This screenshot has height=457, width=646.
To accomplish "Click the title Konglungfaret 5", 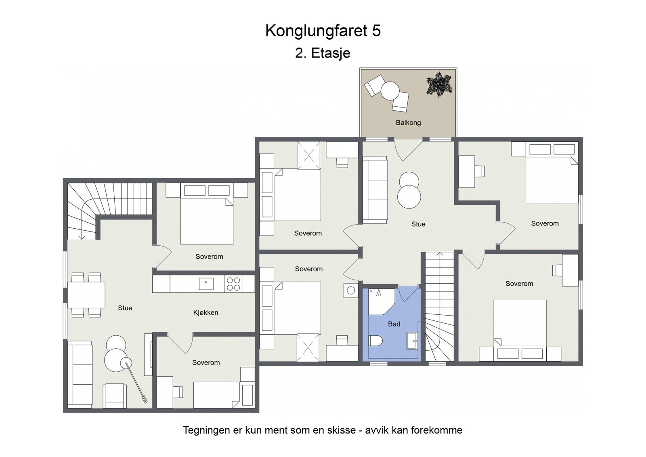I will click(323, 31).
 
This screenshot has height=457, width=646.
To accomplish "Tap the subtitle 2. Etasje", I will click(323, 53).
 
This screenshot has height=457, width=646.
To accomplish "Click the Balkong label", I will click(408, 122).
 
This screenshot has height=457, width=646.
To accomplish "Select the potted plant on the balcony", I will click(439, 84).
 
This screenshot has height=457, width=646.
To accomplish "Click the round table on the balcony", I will click(390, 91).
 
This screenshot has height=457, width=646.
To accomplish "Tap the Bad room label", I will click(394, 324).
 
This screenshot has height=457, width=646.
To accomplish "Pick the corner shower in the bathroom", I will click(380, 301).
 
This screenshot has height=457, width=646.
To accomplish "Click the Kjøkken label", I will click(206, 312).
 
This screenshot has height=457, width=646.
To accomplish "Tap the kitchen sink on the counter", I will click(206, 283).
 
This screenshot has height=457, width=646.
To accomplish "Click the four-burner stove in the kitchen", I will click(233, 283).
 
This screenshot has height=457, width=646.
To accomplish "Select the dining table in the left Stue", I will click(86, 295).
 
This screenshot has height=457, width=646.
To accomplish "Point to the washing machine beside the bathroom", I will click(351, 290).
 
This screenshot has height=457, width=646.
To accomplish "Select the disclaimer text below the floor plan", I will click(323, 430).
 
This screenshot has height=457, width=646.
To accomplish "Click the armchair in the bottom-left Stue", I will click(115, 396).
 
